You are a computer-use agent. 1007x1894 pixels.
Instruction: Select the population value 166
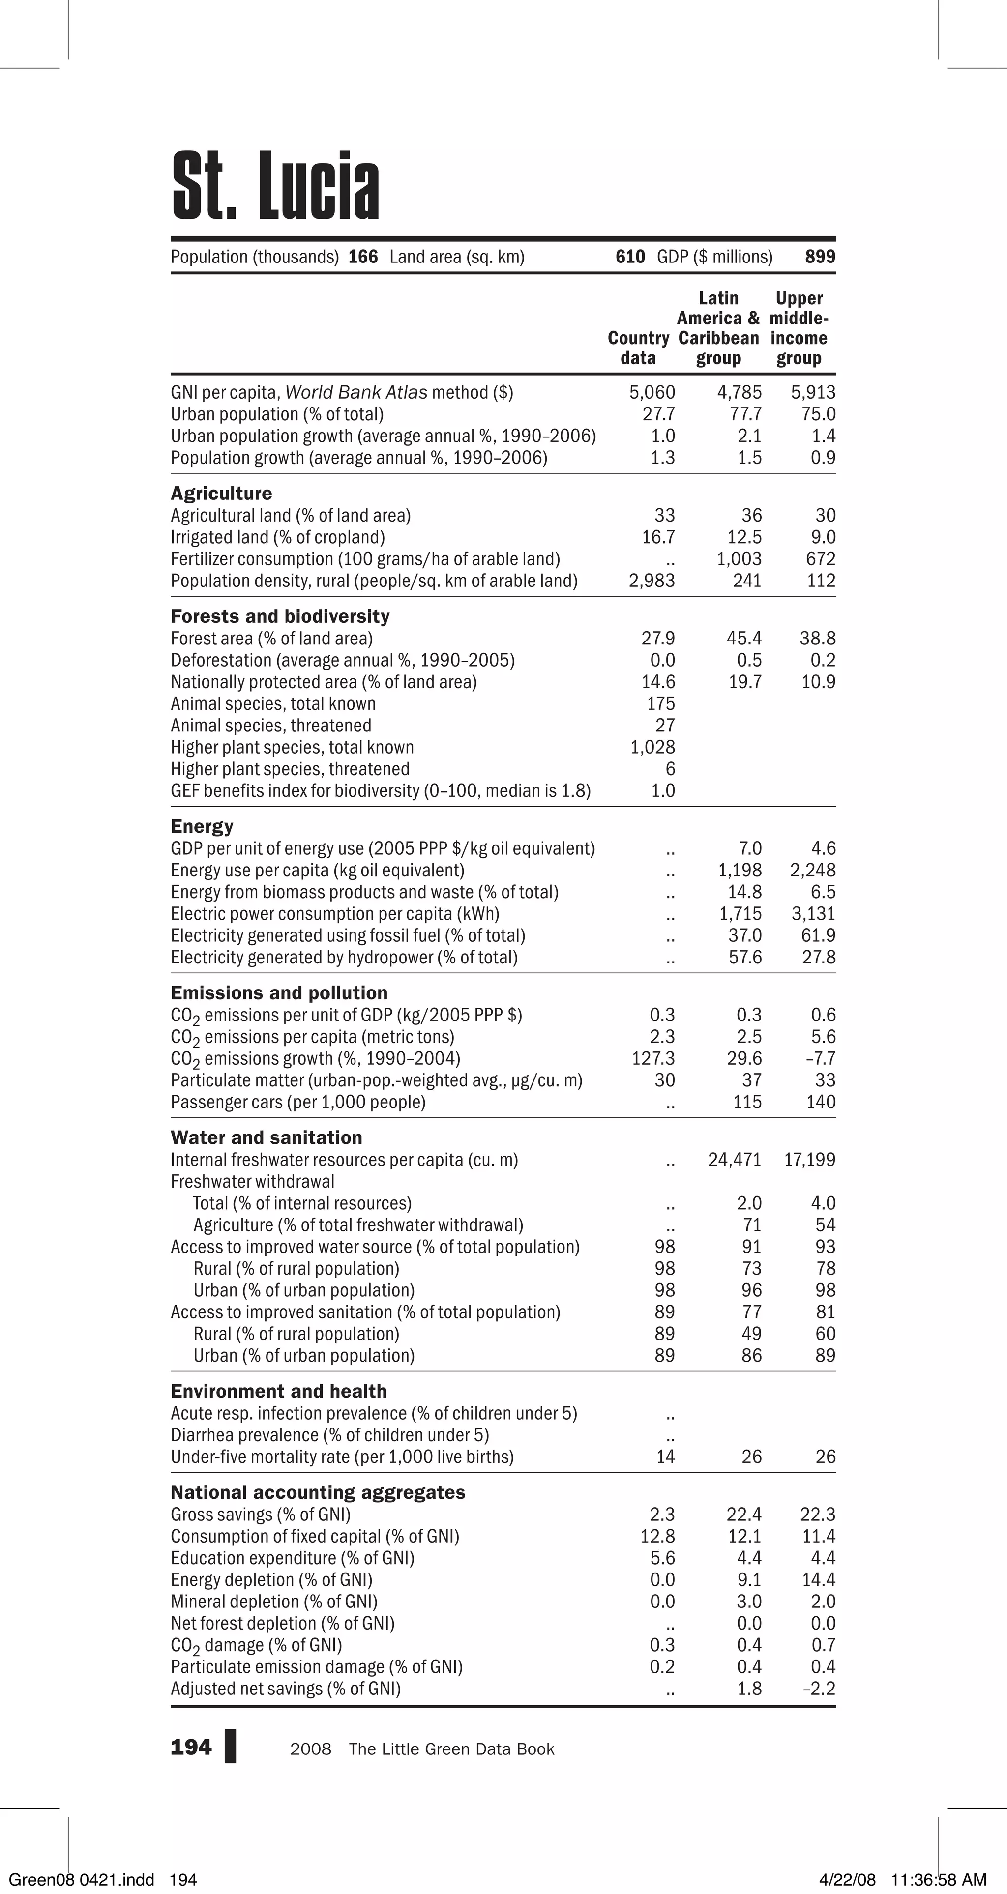(363, 257)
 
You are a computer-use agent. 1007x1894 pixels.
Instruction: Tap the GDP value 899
(820, 257)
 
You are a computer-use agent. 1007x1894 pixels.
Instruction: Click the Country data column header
(638, 348)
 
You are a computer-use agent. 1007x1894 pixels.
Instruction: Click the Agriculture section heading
(221, 494)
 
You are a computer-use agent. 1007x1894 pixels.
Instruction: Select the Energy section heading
(202, 826)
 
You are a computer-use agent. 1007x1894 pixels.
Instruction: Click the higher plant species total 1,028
(652, 747)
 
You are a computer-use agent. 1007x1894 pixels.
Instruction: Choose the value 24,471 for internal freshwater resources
(734, 1160)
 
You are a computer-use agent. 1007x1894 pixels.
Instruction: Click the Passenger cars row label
(298, 1102)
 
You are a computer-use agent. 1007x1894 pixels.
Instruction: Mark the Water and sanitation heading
(267, 1137)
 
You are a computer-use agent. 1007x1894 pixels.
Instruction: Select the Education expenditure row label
(292, 1558)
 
